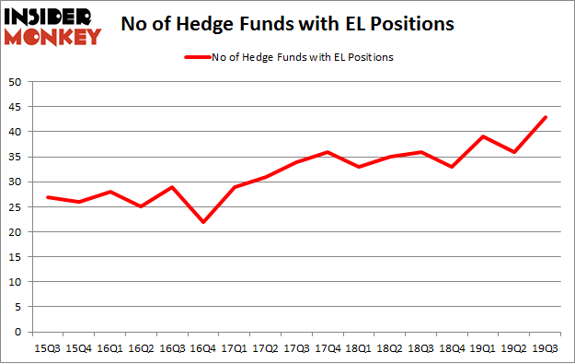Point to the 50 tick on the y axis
pos(16,82)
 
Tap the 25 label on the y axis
pos(16,207)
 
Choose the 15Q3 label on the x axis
pos(47,348)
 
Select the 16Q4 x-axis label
pos(204,348)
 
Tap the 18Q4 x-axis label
pos(452,348)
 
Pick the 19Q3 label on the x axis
pos(545,348)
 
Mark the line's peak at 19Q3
pos(545,117)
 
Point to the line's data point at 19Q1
pos(483,136)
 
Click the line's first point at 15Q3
pos(47,197)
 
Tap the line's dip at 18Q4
pos(452,167)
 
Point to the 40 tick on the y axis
pos(16,132)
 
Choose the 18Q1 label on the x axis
pos(358,348)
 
